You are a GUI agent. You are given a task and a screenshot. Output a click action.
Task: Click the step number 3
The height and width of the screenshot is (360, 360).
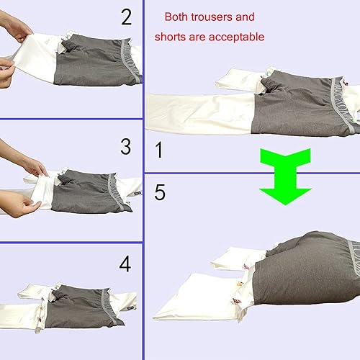point(126,147)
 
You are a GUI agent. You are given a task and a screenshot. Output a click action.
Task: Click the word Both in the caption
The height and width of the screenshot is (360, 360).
point(177,17)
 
